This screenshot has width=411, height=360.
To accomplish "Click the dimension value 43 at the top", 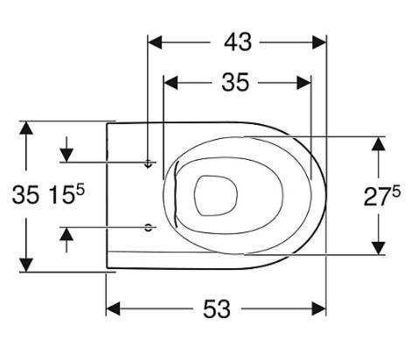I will tap(235, 41).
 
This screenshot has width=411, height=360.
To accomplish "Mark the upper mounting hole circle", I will tap(149, 163).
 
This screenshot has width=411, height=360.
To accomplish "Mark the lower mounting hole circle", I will tap(149, 227).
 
